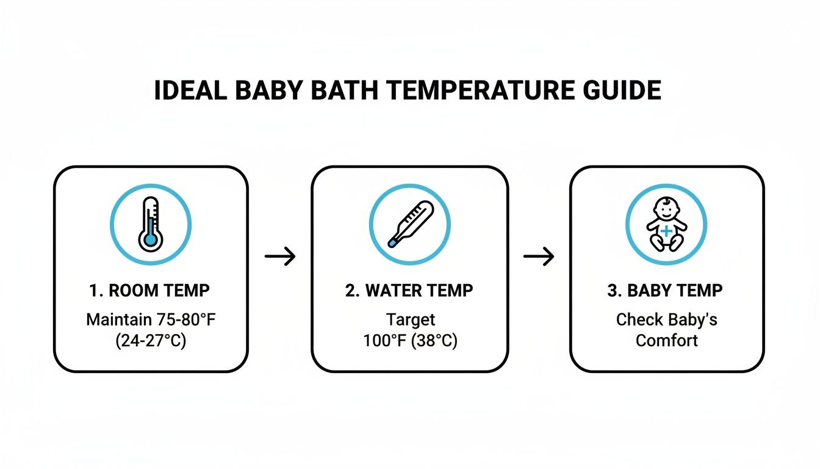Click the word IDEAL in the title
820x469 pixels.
pos(191,91)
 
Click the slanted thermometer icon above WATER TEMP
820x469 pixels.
pos(409,224)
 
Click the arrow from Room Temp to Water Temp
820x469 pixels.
pos(280,256)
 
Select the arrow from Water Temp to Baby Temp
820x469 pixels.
pos(539,256)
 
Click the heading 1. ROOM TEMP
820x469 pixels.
pos(151,291)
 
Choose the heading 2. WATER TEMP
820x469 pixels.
pos(409,291)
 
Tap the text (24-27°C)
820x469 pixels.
pos(151,340)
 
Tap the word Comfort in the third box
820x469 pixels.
pos(666,340)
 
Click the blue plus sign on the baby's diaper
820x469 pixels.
pos(666,231)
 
